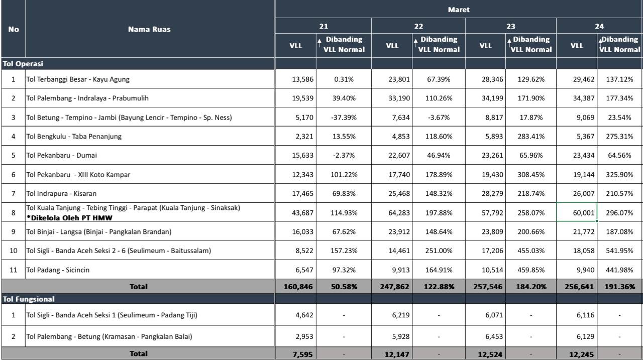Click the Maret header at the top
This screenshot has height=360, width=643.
459,10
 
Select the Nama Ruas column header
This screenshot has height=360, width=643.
149,29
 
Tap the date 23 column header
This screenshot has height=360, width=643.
510,27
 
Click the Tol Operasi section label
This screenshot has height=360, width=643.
23,64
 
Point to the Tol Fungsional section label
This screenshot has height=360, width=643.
29,299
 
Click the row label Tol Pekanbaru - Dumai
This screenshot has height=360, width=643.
61,155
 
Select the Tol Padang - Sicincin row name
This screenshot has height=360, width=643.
58,270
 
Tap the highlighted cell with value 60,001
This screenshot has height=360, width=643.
577,212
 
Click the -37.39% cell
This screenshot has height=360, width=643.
344,117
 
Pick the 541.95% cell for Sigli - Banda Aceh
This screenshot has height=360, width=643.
619,251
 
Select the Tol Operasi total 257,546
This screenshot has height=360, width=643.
488,287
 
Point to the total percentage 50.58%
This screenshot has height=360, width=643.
344,287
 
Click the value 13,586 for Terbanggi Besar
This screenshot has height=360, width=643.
302,79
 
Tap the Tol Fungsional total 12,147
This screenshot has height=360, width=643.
397,354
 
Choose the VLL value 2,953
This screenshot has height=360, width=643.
304,336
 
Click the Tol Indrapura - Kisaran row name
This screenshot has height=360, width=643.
61,193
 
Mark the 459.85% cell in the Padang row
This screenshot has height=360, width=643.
531,270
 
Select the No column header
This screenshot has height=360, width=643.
14,29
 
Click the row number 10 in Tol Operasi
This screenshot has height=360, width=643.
13,251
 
